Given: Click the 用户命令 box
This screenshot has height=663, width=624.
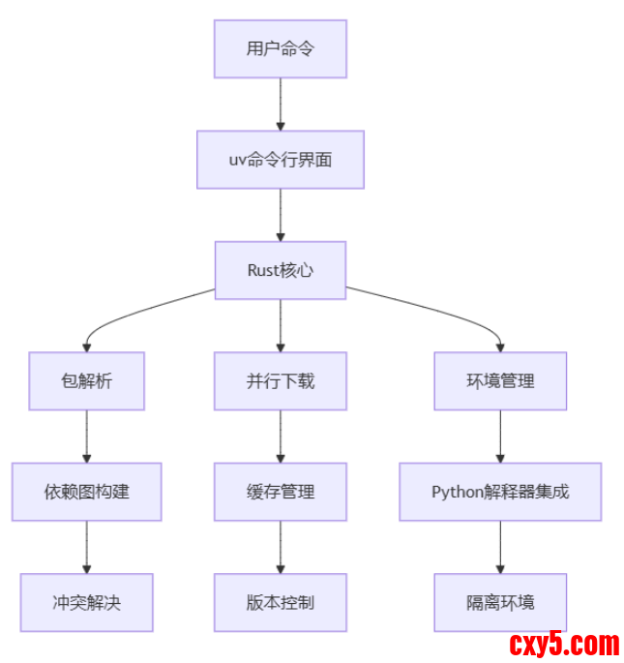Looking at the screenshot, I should [x=280, y=49].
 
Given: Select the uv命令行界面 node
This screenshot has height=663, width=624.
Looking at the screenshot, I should [x=280, y=160].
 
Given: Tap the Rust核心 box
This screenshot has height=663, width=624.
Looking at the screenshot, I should [x=280, y=270].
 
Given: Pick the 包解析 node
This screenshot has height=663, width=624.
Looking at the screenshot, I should [x=86, y=380].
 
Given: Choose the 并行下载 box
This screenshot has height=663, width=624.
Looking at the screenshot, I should [x=280, y=380].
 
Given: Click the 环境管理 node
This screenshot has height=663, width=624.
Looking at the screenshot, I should [x=499, y=380].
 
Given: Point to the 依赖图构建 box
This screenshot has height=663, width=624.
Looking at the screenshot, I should [x=86, y=491].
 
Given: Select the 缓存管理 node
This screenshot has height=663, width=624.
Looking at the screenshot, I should [x=280, y=491].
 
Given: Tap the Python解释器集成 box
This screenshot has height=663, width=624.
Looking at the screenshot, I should [x=499, y=491].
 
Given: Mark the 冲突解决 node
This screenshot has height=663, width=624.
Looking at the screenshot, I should [x=86, y=602].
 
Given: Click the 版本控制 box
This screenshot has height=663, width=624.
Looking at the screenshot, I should [x=280, y=602].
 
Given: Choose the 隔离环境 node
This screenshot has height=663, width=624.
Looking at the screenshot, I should [x=499, y=602].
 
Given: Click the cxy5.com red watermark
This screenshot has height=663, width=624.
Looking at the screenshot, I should [x=563, y=644].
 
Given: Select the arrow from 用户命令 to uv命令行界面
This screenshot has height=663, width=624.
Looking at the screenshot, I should [x=281, y=104].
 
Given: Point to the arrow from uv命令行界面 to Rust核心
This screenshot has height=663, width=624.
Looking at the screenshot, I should [x=281, y=214].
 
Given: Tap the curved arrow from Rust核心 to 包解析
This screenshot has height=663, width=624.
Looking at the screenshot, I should [x=135, y=312].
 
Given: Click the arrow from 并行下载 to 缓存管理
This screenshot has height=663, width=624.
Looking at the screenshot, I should [x=281, y=436].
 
